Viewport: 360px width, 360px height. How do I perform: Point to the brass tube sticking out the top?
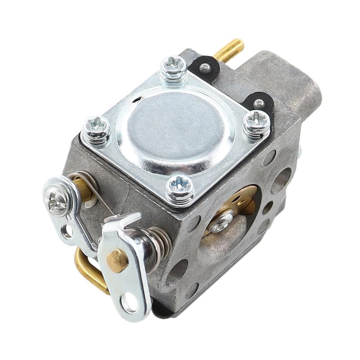[229, 49]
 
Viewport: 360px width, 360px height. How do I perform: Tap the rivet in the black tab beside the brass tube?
[205, 67]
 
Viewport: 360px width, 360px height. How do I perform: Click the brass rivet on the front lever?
[117, 260]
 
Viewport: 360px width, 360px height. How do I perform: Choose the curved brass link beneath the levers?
[88, 270]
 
